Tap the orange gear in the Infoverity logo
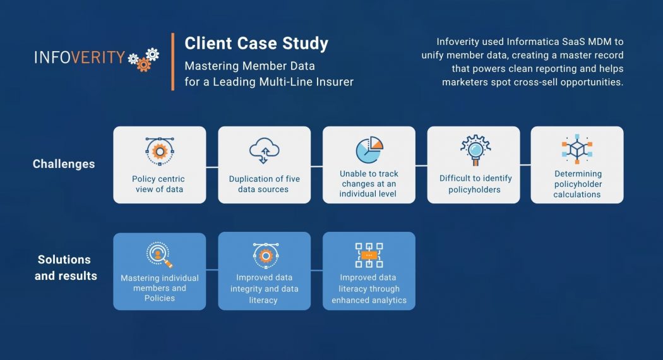click(144, 64)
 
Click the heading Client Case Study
click(256, 44)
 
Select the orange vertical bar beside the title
click(172, 61)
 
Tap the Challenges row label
click(64, 164)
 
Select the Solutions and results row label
click(66, 268)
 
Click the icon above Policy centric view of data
click(159, 150)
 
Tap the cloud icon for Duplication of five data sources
click(264, 150)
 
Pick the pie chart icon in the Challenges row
click(369, 150)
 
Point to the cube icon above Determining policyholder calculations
click(577, 150)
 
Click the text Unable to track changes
click(369, 183)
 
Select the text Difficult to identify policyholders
click(475, 184)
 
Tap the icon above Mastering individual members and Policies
click(159, 254)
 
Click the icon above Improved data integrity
click(264, 254)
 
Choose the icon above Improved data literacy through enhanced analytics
click(369, 255)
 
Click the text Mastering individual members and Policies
click(160, 288)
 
